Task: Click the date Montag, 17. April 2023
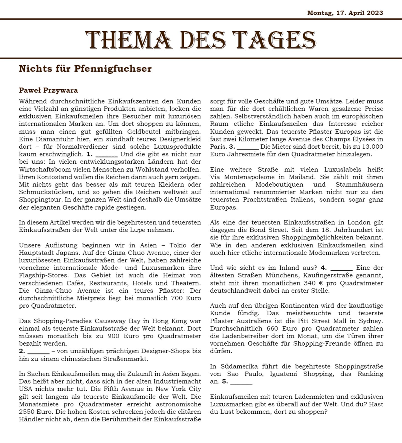coord(345,13)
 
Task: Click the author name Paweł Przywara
coord(48,90)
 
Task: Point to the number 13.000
coord(373,146)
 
